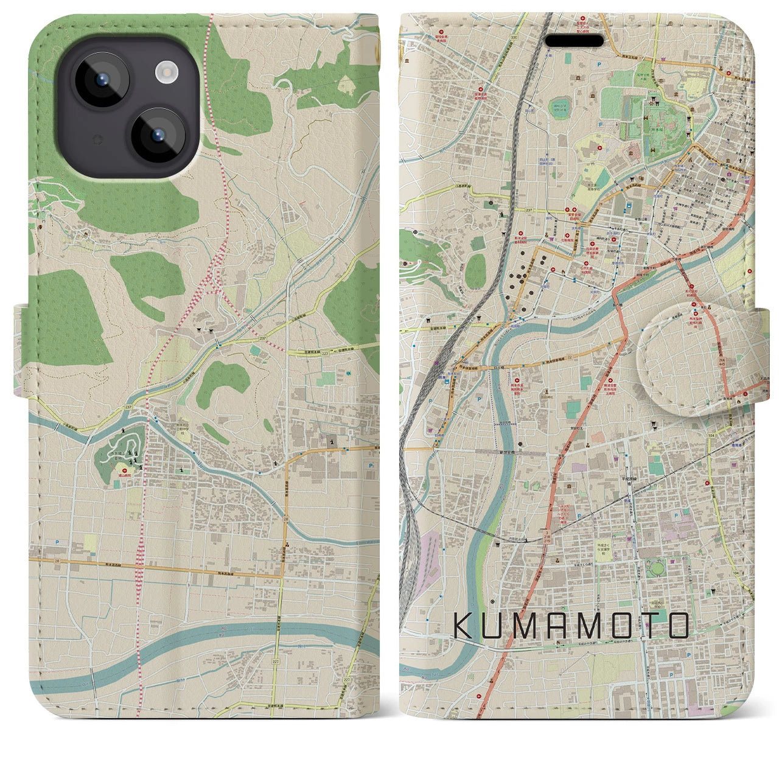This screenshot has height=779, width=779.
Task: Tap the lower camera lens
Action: (158, 135)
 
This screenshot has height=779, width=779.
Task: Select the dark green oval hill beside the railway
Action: (475, 271)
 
